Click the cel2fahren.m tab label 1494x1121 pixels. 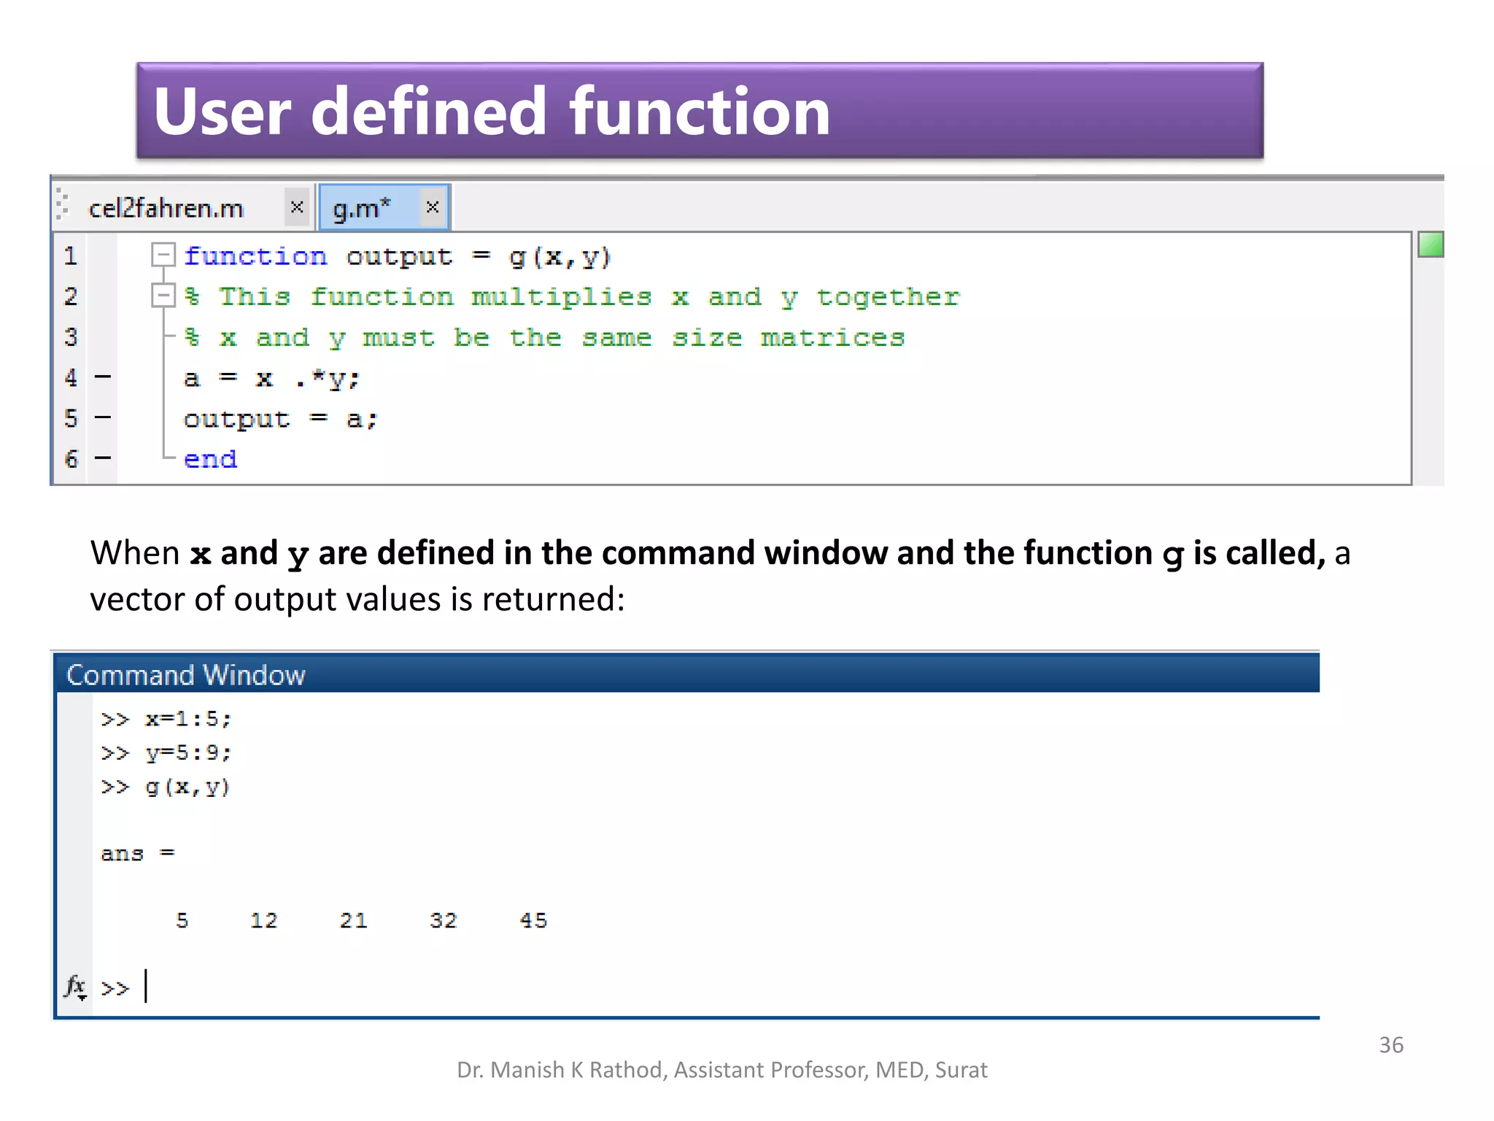click(x=166, y=209)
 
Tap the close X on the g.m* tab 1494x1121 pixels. click(x=433, y=207)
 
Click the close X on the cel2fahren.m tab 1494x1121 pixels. click(x=297, y=207)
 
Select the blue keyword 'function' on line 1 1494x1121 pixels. click(x=255, y=257)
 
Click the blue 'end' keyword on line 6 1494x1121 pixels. click(x=210, y=460)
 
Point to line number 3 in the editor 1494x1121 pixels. click(x=71, y=337)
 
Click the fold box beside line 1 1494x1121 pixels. click(x=163, y=255)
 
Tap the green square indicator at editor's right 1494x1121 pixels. click(x=1431, y=244)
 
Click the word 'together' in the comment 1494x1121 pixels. click(x=888, y=297)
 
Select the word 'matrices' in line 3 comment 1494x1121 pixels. click(x=832, y=338)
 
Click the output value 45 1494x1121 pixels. click(x=533, y=921)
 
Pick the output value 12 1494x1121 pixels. click(x=264, y=921)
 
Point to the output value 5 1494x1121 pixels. click(x=182, y=921)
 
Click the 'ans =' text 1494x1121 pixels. click(x=137, y=854)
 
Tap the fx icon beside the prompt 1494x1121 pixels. click(x=75, y=987)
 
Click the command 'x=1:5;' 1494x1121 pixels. click(x=188, y=720)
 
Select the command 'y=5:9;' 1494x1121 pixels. click(x=188, y=753)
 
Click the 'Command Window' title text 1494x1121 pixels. click(x=186, y=675)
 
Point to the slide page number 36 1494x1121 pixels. click(x=1391, y=1045)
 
